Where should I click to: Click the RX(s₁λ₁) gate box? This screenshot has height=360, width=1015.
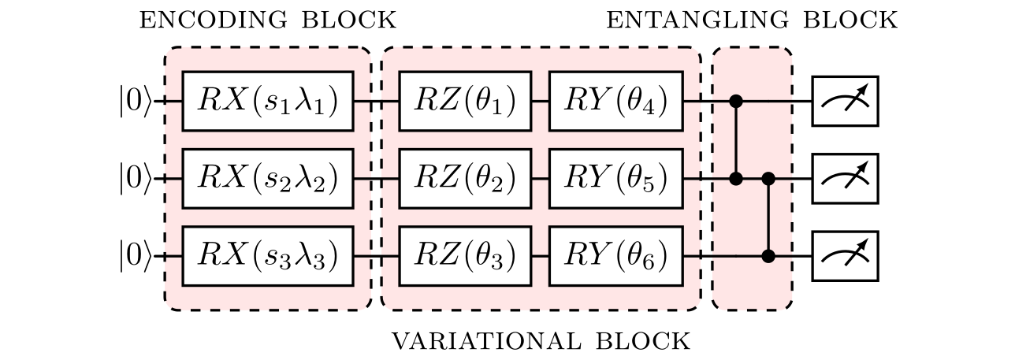pos(267,101)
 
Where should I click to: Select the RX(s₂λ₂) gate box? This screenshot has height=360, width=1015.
pos(267,179)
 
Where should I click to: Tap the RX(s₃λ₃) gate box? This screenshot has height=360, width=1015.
pos(267,256)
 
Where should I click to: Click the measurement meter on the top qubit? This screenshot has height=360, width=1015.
pos(845,101)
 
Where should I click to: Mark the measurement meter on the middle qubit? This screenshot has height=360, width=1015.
pos(845,179)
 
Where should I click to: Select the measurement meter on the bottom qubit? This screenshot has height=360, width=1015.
pos(845,256)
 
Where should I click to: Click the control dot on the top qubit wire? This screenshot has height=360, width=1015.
pos(736,101)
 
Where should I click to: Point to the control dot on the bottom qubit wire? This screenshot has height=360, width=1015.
pos(768,256)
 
